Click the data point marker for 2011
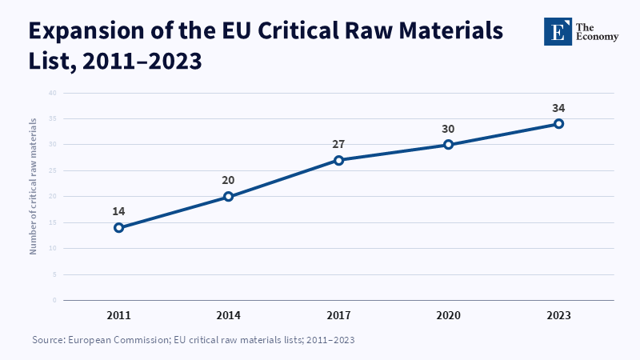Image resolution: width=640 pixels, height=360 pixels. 118,228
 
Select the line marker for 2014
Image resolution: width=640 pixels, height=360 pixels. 229,197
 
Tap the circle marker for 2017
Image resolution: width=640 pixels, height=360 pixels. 338,161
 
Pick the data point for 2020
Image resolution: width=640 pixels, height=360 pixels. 449,145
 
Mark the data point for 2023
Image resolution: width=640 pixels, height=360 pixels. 558,124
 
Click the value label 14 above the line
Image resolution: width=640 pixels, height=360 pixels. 118,211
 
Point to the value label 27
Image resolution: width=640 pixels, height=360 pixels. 338,144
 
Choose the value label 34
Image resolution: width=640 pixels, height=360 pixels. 558,108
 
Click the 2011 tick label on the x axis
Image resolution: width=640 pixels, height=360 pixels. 118,315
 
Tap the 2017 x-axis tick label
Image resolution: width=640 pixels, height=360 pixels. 338,315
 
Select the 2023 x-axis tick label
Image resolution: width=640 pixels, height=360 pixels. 558,315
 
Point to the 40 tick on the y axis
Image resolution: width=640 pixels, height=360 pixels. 53,93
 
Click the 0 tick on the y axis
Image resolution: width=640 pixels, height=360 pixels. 54,301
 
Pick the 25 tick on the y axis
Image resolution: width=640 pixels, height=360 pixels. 53,170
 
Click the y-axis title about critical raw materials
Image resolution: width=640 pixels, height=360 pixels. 33,186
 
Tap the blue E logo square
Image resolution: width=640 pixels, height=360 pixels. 558,31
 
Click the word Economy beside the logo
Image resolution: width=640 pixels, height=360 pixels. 597,37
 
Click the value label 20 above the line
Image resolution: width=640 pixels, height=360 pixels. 228,181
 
